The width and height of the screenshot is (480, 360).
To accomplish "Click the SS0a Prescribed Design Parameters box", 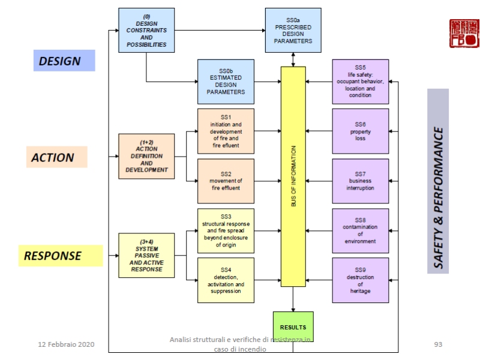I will [x=293, y=30].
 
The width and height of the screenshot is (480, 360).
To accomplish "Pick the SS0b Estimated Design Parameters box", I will [x=226, y=82].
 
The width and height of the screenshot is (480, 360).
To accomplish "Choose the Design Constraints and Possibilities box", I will [x=146, y=30].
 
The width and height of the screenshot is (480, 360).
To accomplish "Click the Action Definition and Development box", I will [x=146, y=156].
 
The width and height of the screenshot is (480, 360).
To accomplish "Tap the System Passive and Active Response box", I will [x=146, y=256].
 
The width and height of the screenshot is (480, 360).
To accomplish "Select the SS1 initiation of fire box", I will [x=226, y=131].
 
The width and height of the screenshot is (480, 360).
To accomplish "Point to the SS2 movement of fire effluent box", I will [x=226, y=181].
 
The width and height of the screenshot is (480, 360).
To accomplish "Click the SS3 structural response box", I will [x=226, y=230].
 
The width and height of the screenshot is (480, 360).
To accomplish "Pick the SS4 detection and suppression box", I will [x=226, y=280].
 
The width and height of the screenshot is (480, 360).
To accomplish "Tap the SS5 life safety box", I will [x=360, y=82].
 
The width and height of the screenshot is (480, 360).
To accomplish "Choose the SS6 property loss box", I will [x=360, y=131].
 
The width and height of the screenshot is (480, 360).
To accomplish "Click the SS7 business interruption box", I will [x=360, y=181].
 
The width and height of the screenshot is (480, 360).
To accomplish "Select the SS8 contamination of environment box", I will [x=360, y=230].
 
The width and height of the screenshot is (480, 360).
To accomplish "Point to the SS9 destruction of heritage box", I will [x=360, y=280].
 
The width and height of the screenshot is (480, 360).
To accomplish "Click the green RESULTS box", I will [x=293, y=327].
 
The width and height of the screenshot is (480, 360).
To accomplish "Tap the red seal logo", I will [x=464, y=34].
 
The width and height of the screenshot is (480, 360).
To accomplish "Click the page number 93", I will [x=438, y=344].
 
